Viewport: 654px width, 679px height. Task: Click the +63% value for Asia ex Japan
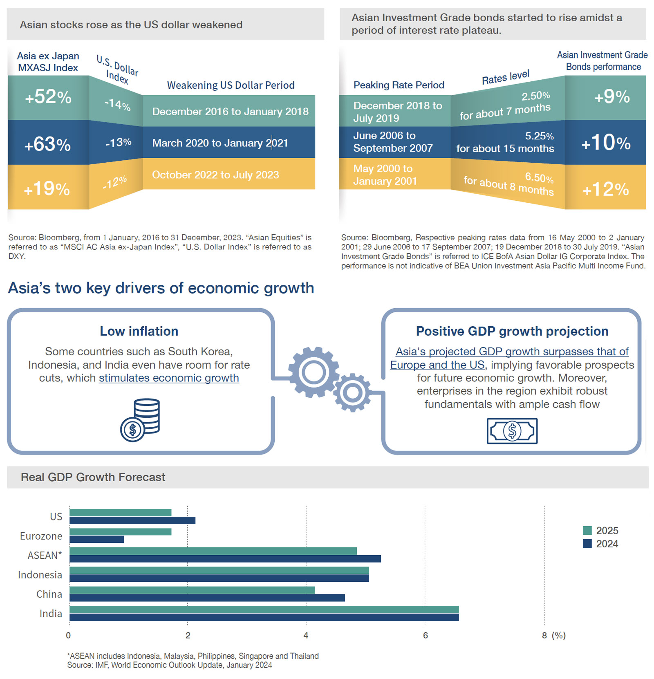pyautogui.click(x=47, y=144)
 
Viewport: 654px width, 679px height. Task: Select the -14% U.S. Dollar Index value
pyautogui.click(x=118, y=105)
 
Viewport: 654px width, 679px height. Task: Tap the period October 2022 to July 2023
pyautogui.click(x=215, y=175)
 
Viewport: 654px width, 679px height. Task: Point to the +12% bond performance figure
pyautogui.click(x=606, y=189)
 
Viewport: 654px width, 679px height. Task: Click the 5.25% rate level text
pyautogui.click(x=539, y=136)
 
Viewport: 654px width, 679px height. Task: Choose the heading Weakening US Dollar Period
pyautogui.click(x=231, y=85)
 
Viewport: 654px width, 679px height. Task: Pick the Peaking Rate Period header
pyautogui.click(x=399, y=85)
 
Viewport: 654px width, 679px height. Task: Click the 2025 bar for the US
pyautogui.click(x=121, y=513)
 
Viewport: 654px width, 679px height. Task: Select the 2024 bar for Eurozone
pyautogui.click(x=97, y=540)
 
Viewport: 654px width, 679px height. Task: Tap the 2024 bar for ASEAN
pyautogui.click(x=225, y=559)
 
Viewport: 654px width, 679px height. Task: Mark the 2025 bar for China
pyautogui.click(x=193, y=590)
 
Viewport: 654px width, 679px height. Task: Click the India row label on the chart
pyautogui.click(x=51, y=614)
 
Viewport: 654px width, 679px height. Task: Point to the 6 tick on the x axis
pyautogui.click(x=425, y=635)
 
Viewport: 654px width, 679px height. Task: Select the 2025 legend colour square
pyautogui.click(x=587, y=531)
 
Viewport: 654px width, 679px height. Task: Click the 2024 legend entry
pyautogui.click(x=600, y=544)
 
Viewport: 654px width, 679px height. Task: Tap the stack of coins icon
pyautogui.click(x=140, y=420)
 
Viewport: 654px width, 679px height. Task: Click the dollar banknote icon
pyautogui.click(x=512, y=431)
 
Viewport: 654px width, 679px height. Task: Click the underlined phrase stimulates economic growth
pyautogui.click(x=169, y=378)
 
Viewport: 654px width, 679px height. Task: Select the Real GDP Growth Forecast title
pyautogui.click(x=93, y=477)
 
